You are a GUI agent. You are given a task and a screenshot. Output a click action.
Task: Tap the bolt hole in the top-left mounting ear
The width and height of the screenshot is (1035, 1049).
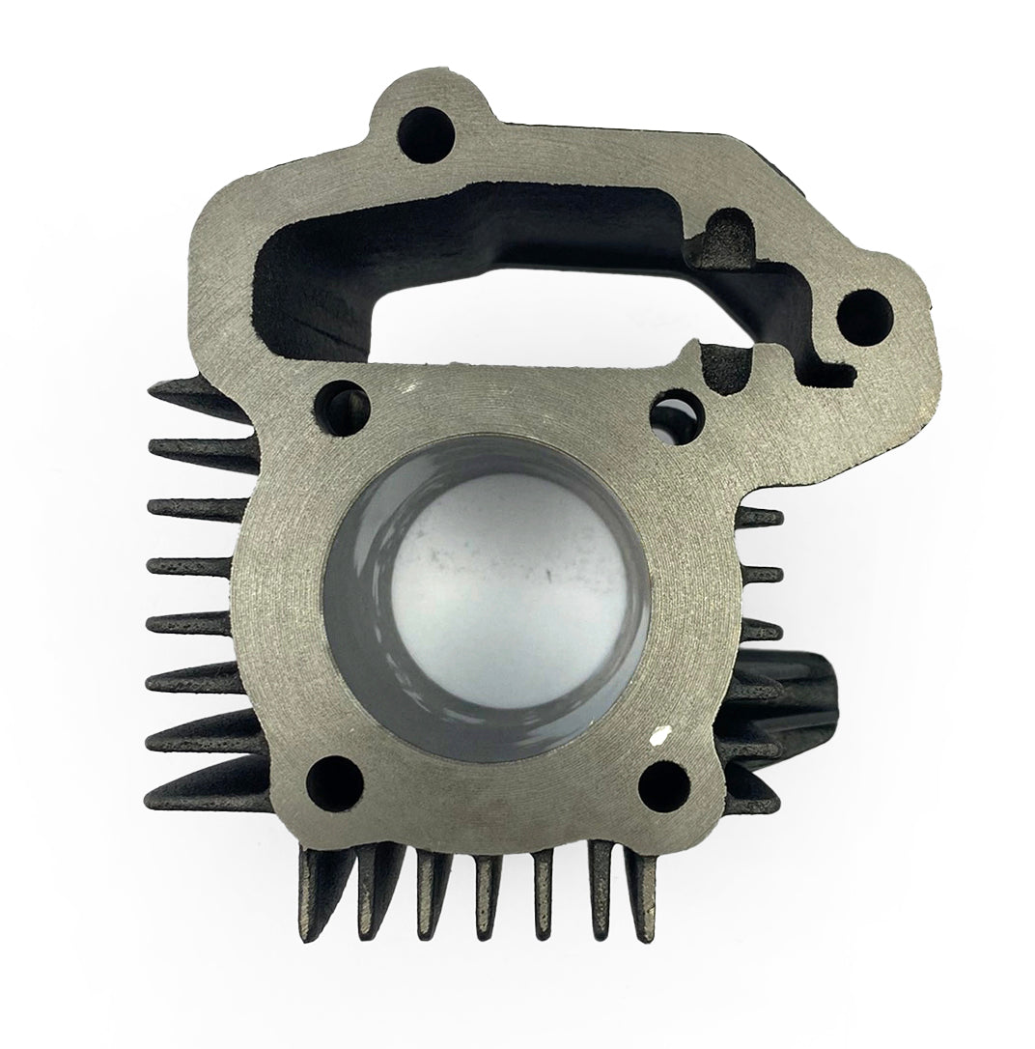tap(424, 125)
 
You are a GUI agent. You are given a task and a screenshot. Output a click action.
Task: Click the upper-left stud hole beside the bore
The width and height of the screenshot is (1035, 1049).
tap(343, 400)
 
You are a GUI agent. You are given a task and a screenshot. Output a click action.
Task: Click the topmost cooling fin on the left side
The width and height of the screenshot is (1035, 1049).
tap(193, 392)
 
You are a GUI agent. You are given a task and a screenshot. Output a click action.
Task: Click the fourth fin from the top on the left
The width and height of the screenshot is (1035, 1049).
tap(188, 565)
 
